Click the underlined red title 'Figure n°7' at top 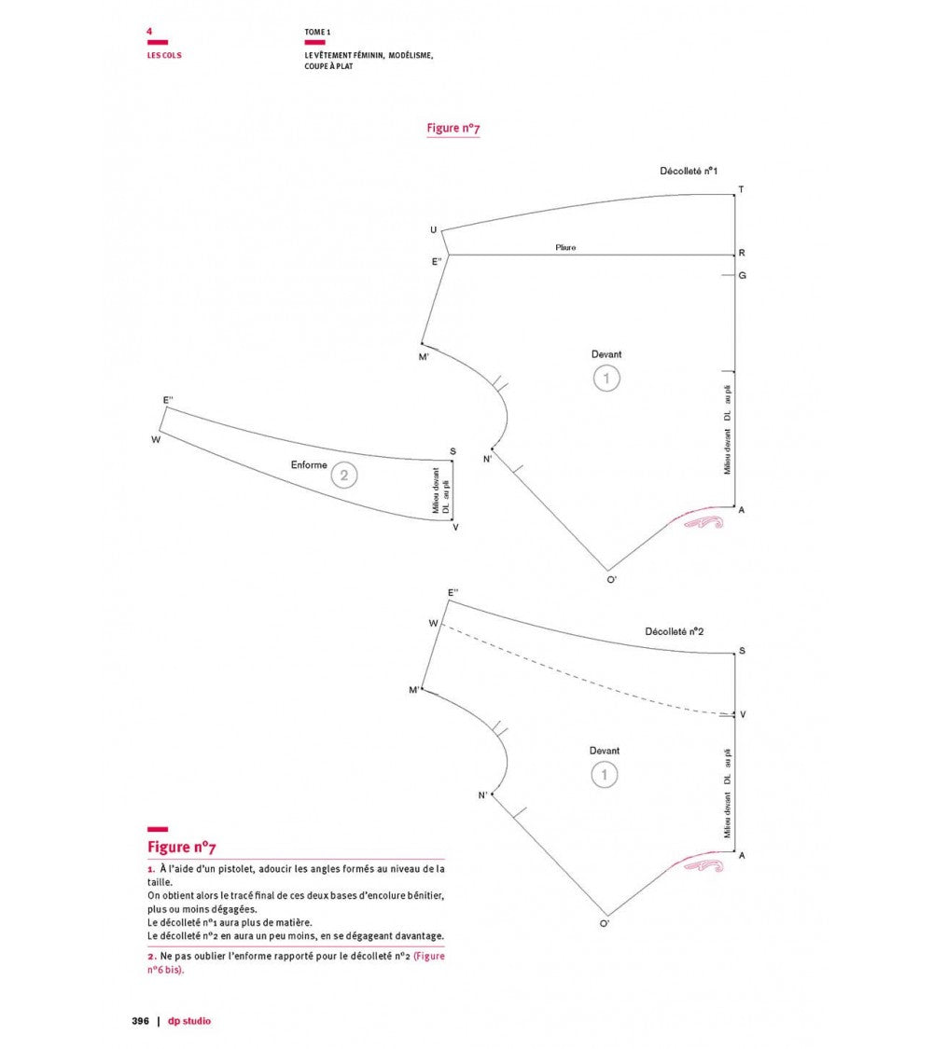[453, 128]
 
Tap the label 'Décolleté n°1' [688, 172]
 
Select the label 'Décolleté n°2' [674, 631]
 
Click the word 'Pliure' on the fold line [565, 247]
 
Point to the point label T [741, 189]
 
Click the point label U [434, 230]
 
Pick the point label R [742, 253]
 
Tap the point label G [743, 276]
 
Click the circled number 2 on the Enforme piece [344, 476]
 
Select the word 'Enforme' [309, 465]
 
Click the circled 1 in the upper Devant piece [606, 378]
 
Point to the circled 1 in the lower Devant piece [605, 775]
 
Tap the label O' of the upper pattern [612, 579]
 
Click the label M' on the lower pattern [414, 690]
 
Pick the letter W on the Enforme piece [156, 439]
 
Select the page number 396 [141, 1021]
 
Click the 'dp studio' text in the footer [189, 1021]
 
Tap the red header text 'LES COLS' [164, 56]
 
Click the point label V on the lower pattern [743, 714]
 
